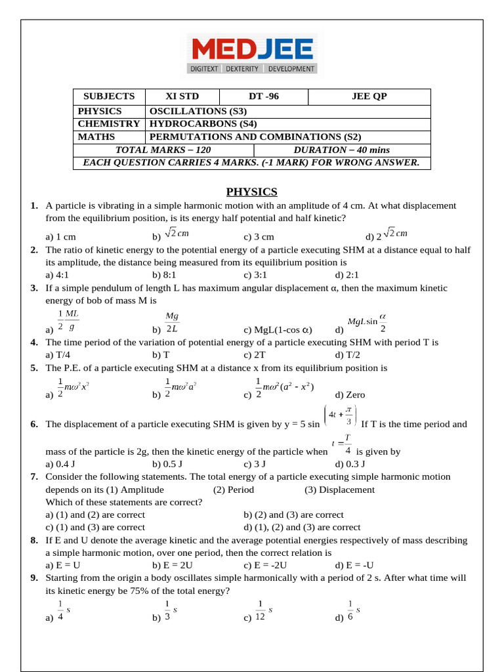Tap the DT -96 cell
263,96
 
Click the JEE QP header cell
369,96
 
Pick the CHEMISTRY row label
108,123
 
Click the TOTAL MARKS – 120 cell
163,150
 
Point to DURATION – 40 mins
341,150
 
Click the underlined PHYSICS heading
252,192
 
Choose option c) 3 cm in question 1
259,237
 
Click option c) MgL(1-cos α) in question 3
278,330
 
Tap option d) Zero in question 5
350,395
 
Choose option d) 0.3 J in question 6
350,463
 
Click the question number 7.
34,476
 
